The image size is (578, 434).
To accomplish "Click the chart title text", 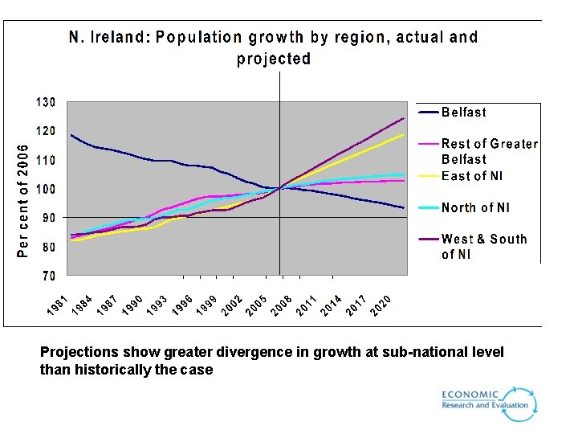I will [x=273, y=47].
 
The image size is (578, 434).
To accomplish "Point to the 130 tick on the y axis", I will [x=45, y=102].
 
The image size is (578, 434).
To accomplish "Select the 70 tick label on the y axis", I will [x=48, y=276].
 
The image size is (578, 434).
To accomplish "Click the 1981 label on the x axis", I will [x=55, y=305].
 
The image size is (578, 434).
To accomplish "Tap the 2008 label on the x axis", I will [x=281, y=305].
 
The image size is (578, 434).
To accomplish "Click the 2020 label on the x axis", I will [x=381, y=305].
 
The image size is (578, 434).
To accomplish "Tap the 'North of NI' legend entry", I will [x=475, y=207].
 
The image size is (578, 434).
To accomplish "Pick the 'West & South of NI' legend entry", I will [x=483, y=246].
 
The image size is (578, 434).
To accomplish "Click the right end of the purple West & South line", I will [x=403, y=118].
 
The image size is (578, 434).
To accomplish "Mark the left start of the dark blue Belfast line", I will [x=71, y=135].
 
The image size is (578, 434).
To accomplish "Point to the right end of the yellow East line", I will [x=403, y=134].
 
